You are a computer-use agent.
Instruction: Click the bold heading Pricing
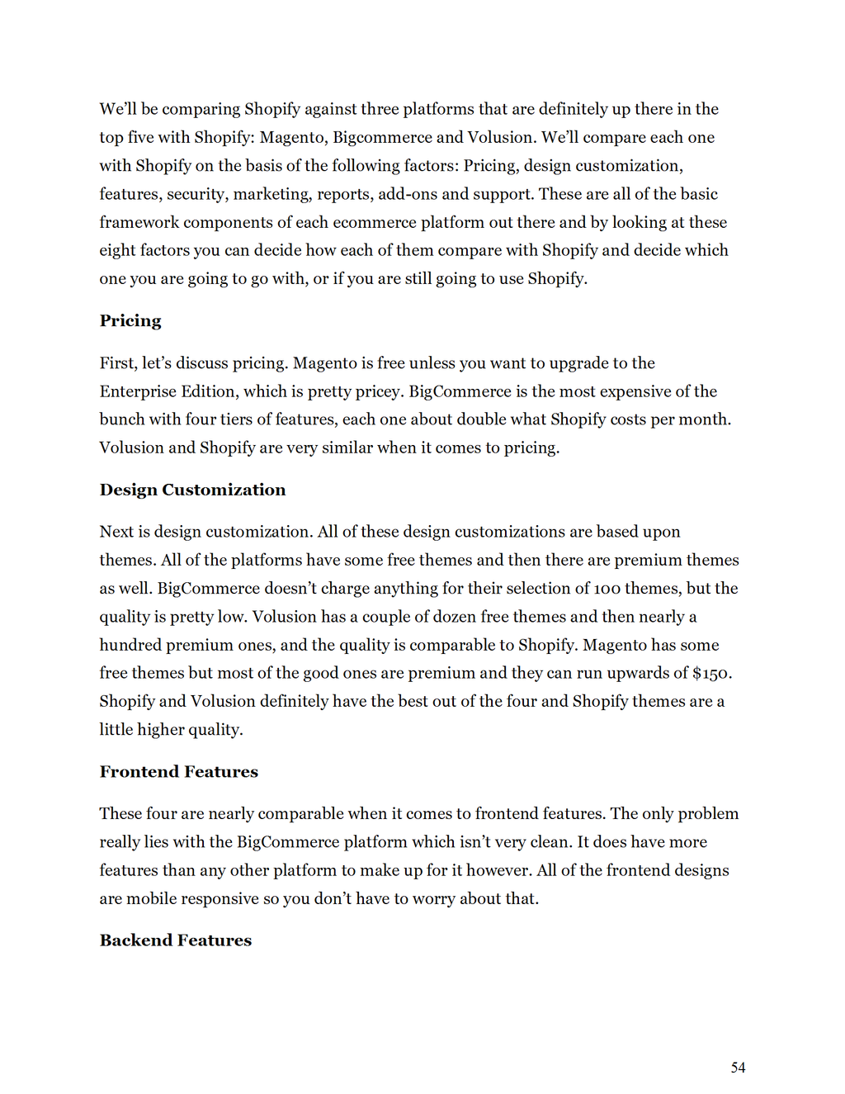(130, 321)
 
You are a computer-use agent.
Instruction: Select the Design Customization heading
(192, 490)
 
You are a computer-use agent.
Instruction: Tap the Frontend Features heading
(178, 772)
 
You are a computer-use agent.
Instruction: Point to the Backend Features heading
(175, 940)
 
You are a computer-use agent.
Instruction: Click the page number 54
(738, 1068)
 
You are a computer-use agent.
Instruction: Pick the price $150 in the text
(710, 674)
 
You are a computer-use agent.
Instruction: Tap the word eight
(116, 251)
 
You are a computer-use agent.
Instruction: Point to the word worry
(433, 899)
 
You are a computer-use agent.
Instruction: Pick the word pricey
(376, 391)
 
